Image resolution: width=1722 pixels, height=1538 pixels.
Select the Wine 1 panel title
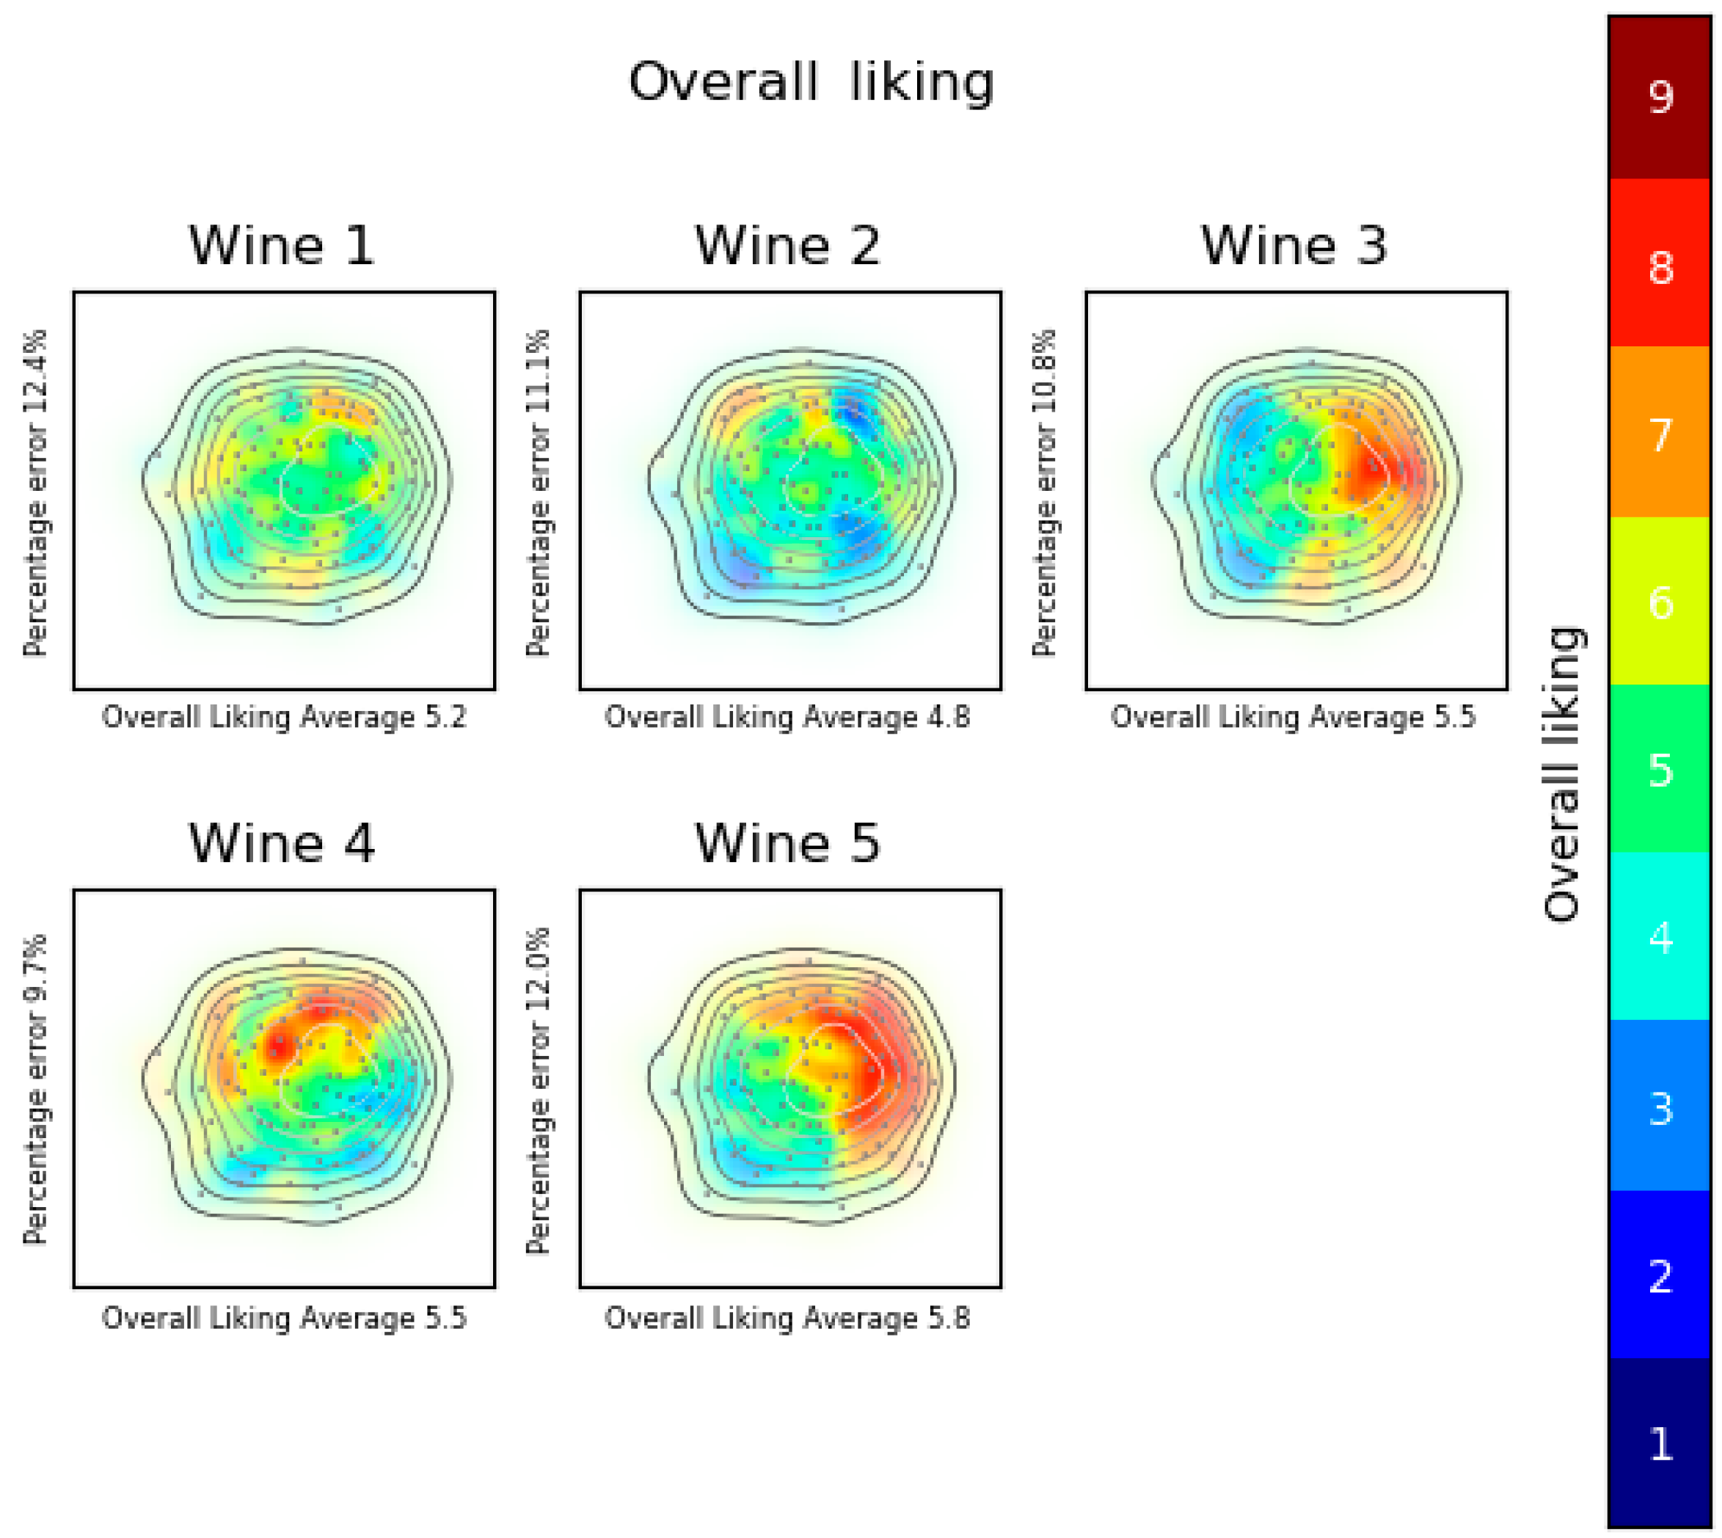click(x=281, y=246)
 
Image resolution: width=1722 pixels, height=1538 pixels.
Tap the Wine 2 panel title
click(x=787, y=246)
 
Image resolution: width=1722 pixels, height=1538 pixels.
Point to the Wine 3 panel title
click(x=1294, y=246)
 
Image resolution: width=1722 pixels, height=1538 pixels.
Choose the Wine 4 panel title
click(x=281, y=843)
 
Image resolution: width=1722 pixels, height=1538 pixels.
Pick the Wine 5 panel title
click(x=787, y=843)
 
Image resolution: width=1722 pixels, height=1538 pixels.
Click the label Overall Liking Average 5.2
click(x=284, y=718)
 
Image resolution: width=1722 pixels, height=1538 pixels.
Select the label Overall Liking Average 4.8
click(x=787, y=718)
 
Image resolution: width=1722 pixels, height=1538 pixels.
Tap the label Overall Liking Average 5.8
click(x=787, y=1319)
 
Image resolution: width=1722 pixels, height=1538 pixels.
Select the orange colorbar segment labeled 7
click(x=1660, y=434)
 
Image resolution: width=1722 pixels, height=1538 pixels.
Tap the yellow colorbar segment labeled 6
click(x=1660, y=602)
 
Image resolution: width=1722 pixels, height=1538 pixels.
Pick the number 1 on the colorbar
click(x=1660, y=1443)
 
